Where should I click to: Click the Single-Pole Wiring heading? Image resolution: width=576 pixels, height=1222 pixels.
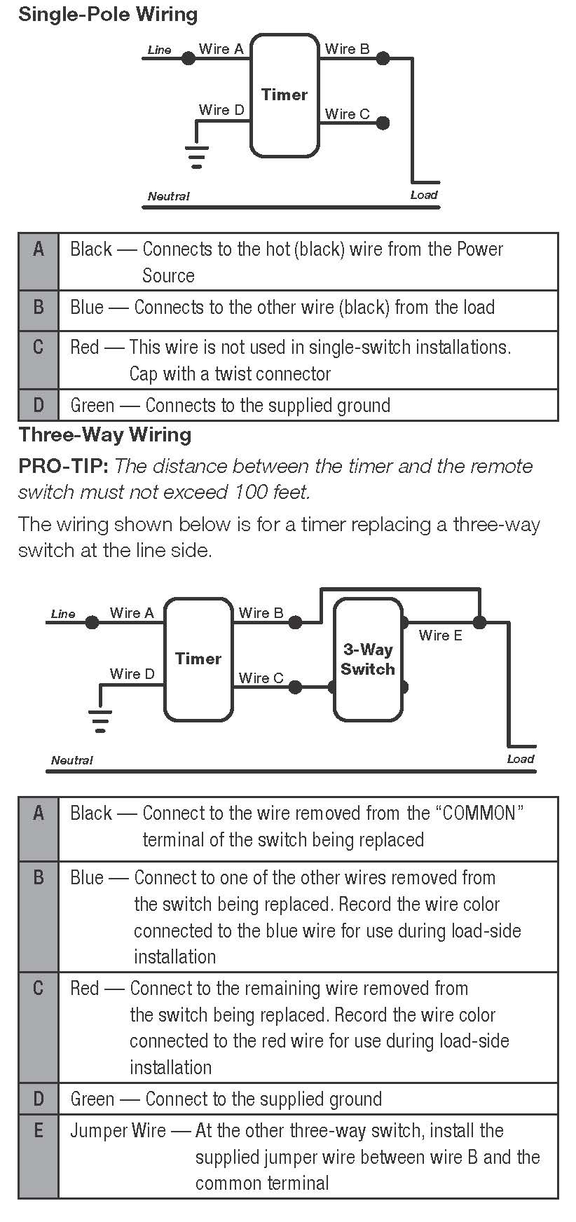click(x=108, y=14)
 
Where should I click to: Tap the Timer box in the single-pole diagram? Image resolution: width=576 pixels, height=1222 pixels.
click(x=284, y=95)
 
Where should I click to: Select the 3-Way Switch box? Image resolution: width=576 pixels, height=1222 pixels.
click(x=368, y=659)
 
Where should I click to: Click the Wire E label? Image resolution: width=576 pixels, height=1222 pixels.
click(x=440, y=636)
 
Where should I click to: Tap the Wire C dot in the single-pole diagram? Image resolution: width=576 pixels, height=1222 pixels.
click(x=383, y=123)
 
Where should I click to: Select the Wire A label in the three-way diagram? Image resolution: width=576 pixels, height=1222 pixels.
click(x=131, y=613)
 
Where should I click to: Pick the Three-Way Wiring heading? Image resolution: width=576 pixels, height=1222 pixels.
click(x=105, y=434)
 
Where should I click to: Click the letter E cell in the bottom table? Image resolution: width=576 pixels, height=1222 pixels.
click(x=39, y=1131)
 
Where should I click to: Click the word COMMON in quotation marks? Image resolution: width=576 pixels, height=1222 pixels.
click(x=480, y=813)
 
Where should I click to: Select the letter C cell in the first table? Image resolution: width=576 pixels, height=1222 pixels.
click(x=39, y=348)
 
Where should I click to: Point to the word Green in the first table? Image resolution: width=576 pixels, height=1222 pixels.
click(x=92, y=406)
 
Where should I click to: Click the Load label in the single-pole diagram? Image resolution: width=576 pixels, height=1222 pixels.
click(x=424, y=195)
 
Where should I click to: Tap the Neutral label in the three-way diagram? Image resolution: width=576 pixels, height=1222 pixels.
click(x=71, y=760)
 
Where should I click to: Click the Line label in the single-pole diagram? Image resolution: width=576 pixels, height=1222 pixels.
click(x=159, y=50)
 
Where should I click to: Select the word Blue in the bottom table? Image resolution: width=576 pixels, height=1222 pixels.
click(x=86, y=878)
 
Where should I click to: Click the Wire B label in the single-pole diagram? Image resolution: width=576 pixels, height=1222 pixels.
click(x=347, y=49)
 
